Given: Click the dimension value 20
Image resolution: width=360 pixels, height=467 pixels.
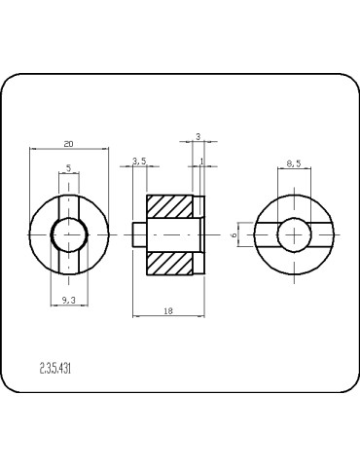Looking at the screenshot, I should (x=67, y=143).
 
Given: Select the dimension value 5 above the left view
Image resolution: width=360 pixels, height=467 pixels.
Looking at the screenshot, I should (x=67, y=168).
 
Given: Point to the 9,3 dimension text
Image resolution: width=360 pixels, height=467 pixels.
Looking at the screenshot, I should (x=67, y=302).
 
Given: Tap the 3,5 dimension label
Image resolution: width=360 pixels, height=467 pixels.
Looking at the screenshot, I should (x=138, y=162).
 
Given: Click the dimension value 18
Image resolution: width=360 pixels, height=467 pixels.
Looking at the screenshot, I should (x=168, y=310).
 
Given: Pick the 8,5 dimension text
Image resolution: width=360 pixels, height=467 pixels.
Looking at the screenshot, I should (x=296, y=163).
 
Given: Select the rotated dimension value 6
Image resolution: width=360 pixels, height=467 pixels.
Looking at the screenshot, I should (x=234, y=235).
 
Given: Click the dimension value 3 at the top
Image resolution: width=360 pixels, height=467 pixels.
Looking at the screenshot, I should (x=198, y=137).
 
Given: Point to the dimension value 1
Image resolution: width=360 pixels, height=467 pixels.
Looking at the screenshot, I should (x=200, y=161).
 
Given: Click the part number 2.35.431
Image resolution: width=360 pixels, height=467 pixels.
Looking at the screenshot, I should (x=55, y=369).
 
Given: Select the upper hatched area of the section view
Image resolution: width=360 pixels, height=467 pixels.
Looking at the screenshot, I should (x=169, y=205).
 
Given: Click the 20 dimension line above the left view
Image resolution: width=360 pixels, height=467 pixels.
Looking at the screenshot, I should (x=67, y=149).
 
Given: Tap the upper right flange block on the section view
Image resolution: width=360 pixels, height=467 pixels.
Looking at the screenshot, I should (x=200, y=205).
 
